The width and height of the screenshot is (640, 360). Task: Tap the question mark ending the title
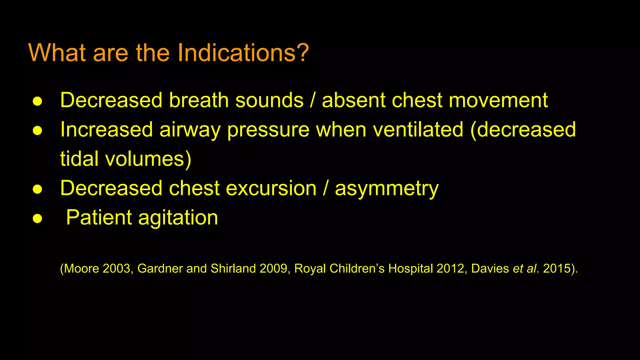302,52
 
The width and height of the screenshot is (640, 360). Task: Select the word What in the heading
57,52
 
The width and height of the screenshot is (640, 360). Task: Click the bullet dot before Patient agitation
37,218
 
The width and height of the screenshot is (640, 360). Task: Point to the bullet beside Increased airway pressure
37,131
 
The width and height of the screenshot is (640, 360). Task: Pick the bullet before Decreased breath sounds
37,101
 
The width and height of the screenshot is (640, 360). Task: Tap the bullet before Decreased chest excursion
37,189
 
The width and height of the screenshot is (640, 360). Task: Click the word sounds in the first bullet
269,100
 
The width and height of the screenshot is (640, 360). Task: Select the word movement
498,100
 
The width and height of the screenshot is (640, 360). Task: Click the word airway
190,130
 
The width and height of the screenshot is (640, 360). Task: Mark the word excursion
271,188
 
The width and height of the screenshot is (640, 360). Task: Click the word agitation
178,218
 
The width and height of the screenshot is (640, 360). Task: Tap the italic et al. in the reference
524,269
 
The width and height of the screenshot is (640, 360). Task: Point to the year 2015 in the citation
557,269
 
